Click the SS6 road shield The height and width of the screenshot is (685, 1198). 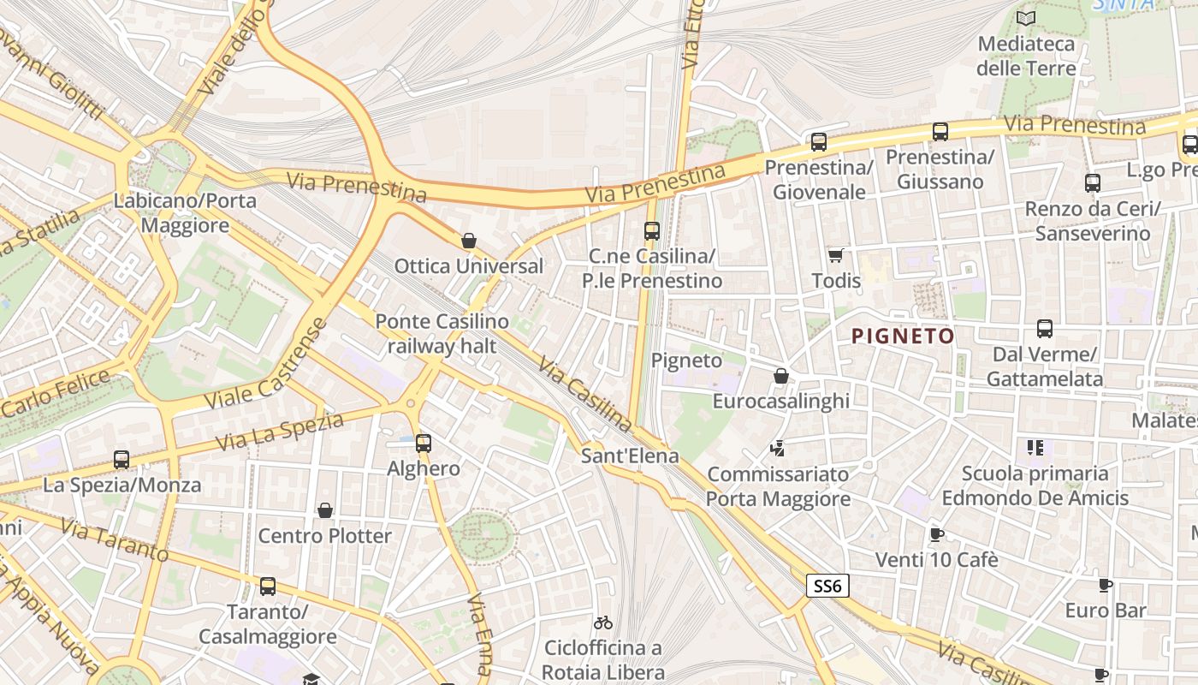tap(827, 586)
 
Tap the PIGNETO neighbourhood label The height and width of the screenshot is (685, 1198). tap(903, 337)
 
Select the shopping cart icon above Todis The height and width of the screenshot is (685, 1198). tap(835, 255)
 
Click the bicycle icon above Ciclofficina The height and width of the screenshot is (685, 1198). tap(603, 622)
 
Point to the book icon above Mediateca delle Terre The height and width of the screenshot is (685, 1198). tap(1025, 18)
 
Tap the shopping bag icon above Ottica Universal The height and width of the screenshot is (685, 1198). tap(468, 241)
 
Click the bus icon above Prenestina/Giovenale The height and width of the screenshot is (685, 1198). tap(819, 142)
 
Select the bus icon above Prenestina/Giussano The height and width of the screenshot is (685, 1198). tap(940, 132)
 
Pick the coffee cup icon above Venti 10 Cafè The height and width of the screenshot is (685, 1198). tap(936, 534)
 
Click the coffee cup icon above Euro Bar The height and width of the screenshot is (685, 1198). tap(1105, 586)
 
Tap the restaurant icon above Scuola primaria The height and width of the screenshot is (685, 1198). tap(1035, 447)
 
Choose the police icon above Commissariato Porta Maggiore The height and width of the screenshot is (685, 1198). tap(778, 447)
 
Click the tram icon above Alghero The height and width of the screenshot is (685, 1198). tap(423, 444)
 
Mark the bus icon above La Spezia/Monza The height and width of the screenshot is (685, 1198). tap(122, 460)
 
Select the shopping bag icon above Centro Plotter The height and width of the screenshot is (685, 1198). tap(325, 511)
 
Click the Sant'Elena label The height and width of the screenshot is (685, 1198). tap(630, 456)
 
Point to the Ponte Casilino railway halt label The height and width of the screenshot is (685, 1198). tap(442, 334)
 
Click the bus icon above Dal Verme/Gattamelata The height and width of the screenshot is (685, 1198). tap(1044, 329)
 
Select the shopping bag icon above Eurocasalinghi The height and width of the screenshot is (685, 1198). tap(780, 376)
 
